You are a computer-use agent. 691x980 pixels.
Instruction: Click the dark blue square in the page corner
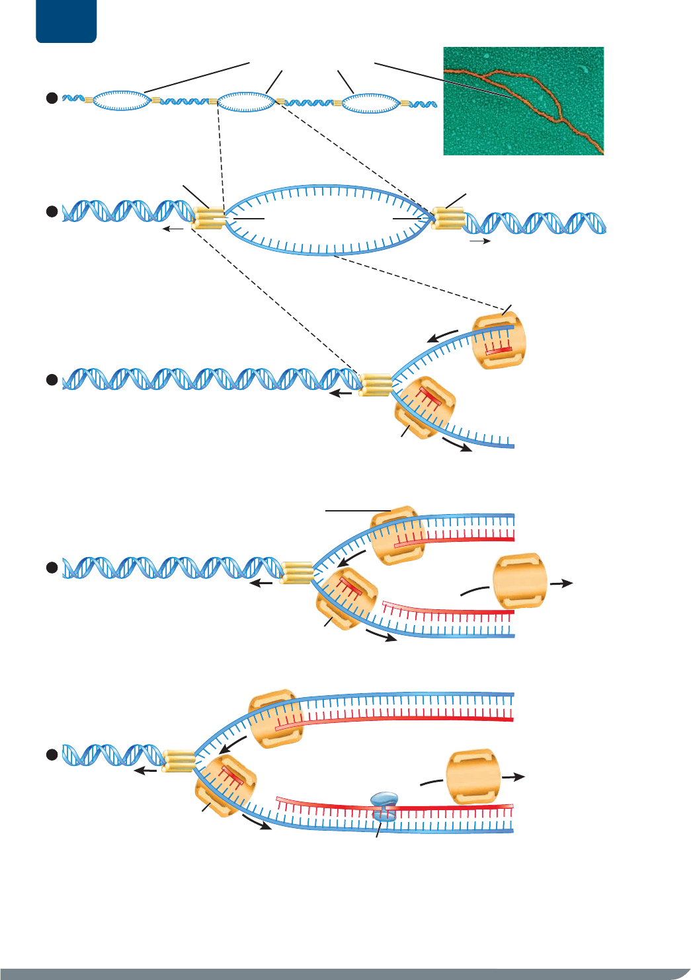(x=66, y=21)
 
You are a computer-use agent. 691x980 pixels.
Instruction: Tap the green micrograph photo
(x=523, y=101)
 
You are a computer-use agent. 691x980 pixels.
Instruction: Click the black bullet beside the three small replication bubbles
(x=52, y=98)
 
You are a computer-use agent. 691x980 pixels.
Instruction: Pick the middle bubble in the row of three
(x=246, y=102)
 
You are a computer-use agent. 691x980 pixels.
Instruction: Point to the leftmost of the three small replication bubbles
(x=122, y=100)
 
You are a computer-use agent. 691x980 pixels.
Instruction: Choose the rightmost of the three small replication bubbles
(x=370, y=102)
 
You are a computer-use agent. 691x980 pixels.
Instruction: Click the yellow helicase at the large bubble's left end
(x=208, y=217)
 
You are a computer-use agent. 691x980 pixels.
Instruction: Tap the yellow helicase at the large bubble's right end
(x=447, y=218)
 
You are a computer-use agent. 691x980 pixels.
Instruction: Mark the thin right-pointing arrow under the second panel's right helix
(x=480, y=242)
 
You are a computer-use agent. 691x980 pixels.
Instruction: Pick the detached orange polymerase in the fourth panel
(x=520, y=581)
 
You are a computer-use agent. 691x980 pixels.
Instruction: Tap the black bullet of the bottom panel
(x=52, y=755)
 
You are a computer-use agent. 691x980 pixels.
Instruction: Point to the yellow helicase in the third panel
(x=375, y=385)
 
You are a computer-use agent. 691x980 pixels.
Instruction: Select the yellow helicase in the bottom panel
(x=178, y=761)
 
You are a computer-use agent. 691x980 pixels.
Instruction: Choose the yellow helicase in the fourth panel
(x=296, y=572)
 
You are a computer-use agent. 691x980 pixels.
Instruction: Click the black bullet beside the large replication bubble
(x=52, y=212)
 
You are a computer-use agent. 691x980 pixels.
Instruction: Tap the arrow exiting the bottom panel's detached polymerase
(x=513, y=777)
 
